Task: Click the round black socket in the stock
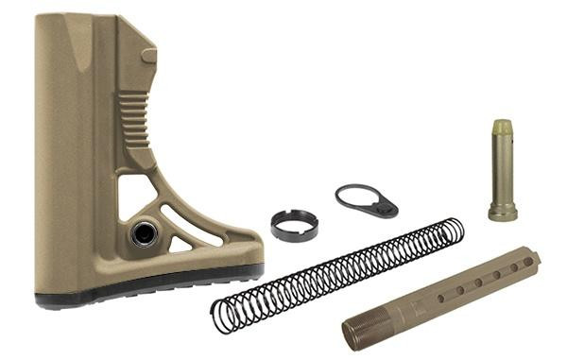pyautogui.click(x=145, y=232)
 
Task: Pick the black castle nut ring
pyautogui.click(x=294, y=225)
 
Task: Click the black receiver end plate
pyautogui.click(x=366, y=200)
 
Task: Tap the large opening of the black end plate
pyautogui.click(x=355, y=197)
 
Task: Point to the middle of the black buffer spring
pyautogui.click(x=337, y=272)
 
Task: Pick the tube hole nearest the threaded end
pyautogui.click(x=440, y=299)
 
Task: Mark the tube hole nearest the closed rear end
pyautogui.click(x=515, y=266)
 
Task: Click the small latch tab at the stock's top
pyautogui.click(x=148, y=56)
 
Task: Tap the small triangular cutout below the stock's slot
pyautogui.click(x=180, y=245)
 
